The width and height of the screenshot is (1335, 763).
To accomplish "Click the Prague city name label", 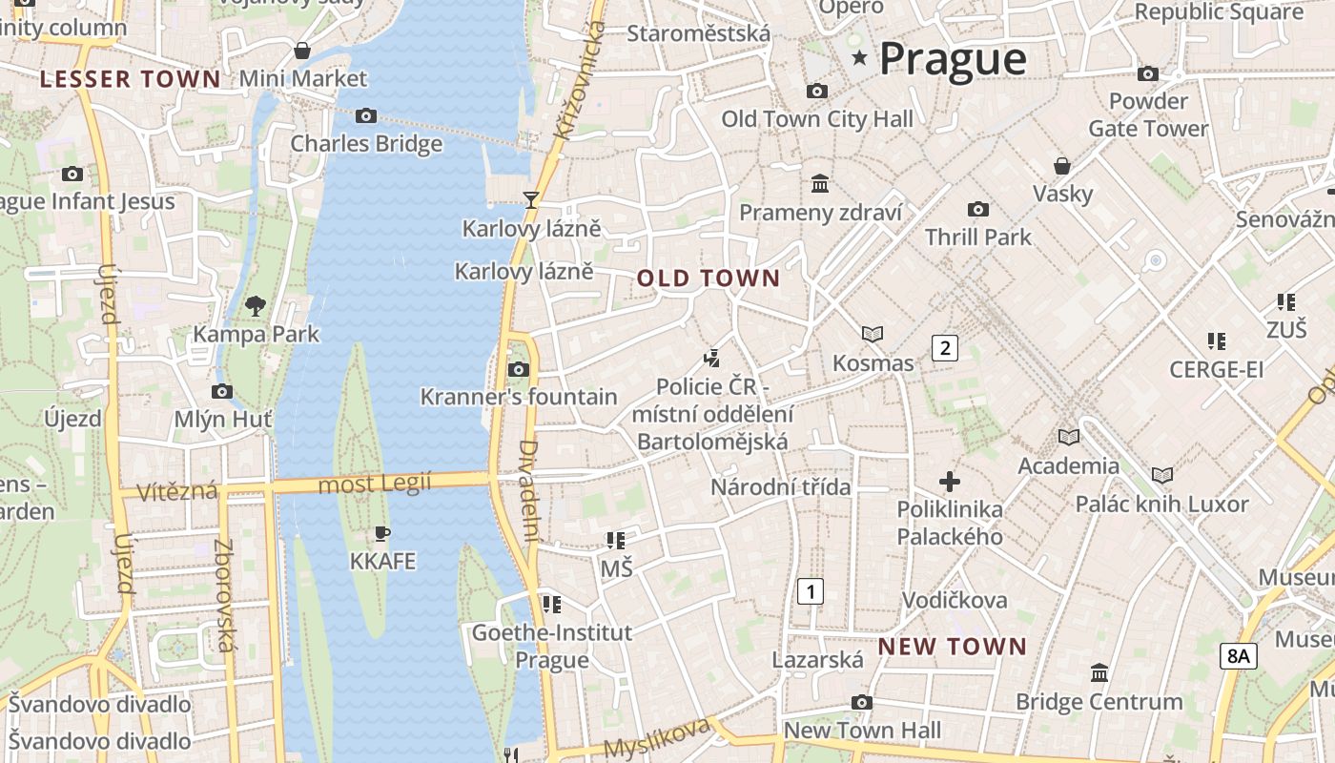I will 952,59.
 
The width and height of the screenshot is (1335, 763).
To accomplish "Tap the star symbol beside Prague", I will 860,58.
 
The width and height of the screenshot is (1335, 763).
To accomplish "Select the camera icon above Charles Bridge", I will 365,116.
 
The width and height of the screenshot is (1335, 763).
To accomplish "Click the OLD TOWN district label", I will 709,278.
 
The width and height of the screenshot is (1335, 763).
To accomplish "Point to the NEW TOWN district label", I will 953,647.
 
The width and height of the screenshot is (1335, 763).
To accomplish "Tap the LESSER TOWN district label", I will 130,79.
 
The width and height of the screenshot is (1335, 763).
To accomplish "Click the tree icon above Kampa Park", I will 256,306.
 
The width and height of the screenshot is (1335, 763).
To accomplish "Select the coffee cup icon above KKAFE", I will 382,533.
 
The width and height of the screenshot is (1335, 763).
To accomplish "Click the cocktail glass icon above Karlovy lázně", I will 531,200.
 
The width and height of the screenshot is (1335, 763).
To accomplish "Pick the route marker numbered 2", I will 944,348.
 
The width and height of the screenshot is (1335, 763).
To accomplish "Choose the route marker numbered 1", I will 810,591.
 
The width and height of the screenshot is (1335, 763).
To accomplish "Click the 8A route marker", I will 1238,655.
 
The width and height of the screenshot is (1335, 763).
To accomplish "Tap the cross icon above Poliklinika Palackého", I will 950,482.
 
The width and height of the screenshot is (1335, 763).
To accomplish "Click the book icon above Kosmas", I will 873,334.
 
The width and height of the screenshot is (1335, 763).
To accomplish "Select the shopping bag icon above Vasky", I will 1062,166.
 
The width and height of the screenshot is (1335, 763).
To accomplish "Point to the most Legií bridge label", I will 375,485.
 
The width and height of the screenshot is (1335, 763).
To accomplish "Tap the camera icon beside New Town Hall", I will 862,703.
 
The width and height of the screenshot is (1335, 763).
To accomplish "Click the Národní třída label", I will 780,487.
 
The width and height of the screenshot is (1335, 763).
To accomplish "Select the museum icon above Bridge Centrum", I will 1099,673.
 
